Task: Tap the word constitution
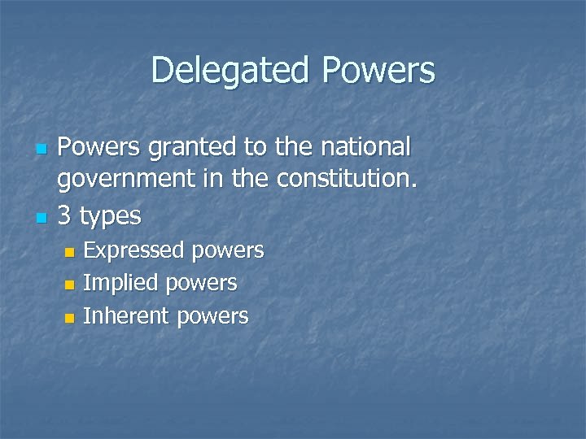click(351, 181)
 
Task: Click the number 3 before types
click(67, 215)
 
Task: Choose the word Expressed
click(134, 251)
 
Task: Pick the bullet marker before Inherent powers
click(69, 317)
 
